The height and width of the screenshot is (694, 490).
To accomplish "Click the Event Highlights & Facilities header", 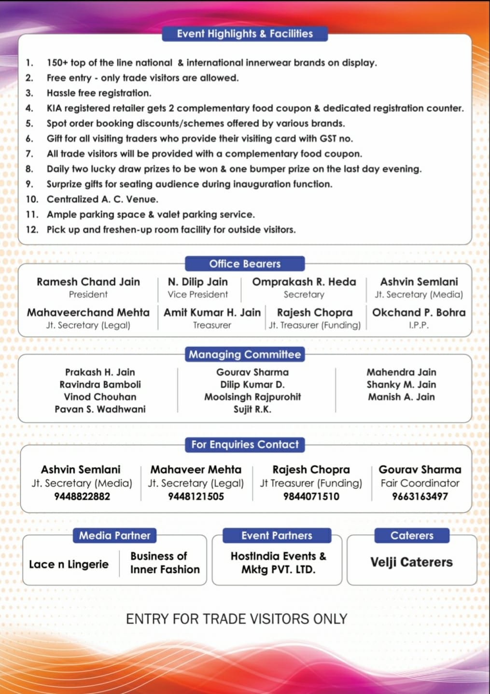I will tap(245, 34).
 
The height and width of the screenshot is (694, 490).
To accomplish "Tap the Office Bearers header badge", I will tap(245, 264).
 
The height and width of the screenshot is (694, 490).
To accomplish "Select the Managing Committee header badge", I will tap(245, 355).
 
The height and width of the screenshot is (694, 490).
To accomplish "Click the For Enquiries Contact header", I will tap(245, 445).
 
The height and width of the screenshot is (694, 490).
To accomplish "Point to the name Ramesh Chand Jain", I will tap(88, 282).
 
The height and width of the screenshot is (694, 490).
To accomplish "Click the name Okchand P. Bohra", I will tap(419, 313).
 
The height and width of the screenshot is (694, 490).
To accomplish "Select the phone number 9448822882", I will tap(82, 497).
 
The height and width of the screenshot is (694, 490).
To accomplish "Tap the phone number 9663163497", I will tap(420, 497).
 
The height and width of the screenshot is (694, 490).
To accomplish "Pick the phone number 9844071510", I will tap(311, 497).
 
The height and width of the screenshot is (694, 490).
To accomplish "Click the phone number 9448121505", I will tap(196, 497).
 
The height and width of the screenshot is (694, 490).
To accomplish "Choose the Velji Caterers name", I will tap(412, 562).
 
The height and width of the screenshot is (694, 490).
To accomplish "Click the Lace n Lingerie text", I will tap(69, 565).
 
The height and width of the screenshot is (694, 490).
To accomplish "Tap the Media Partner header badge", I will tap(115, 536).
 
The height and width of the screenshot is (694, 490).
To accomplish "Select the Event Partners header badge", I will tap(277, 536).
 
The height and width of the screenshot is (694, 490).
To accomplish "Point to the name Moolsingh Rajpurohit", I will tap(252, 397).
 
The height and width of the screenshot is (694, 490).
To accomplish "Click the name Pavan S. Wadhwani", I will tap(100, 409).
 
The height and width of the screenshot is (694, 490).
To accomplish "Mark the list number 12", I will tap(32, 230).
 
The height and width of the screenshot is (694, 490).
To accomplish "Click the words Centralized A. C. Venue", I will tap(102, 199).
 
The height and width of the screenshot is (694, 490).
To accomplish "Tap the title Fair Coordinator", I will tap(420, 483).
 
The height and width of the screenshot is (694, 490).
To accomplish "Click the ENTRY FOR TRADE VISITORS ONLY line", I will tap(237, 619).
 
